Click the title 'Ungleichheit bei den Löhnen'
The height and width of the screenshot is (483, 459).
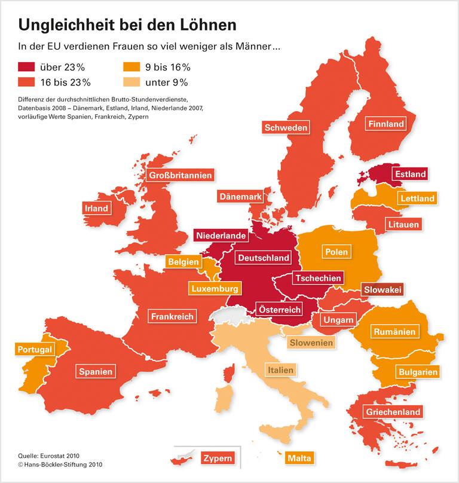[x=127, y=25]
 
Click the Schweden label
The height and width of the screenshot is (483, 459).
[x=286, y=127]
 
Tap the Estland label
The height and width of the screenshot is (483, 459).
[x=410, y=174]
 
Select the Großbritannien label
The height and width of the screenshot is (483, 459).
[x=180, y=176]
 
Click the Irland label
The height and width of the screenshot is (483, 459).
[x=96, y=208]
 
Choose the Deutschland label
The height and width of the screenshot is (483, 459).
[x=263, y=258]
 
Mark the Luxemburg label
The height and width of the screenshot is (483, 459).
[x=215, y=288]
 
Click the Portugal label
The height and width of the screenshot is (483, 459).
[x=35, y=349]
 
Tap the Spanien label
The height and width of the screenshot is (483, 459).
[x=96, y=371]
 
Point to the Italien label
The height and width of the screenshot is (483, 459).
[x=280, y=370]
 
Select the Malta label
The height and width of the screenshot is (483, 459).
[x=299, y=458]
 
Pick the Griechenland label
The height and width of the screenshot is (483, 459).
[x=393, y=411]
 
